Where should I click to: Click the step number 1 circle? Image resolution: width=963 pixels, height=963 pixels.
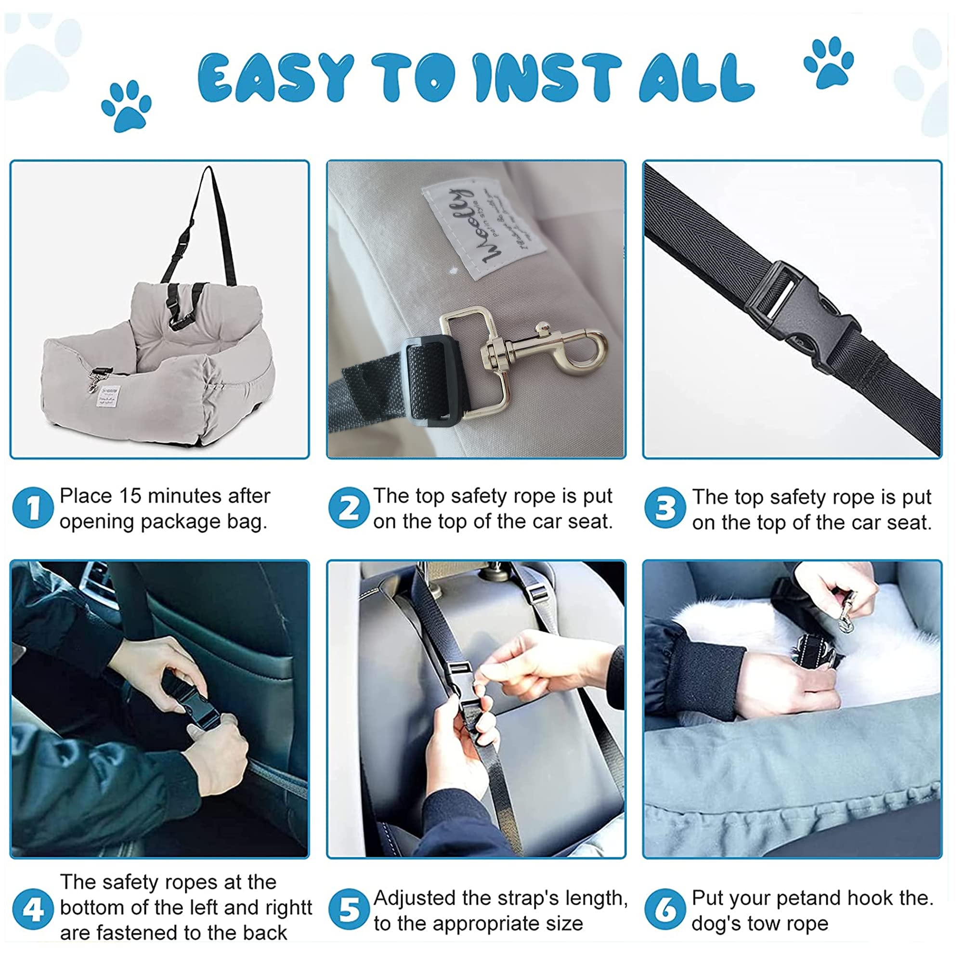[33, 508]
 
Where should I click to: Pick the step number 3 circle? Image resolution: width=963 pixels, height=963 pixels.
[664, 508]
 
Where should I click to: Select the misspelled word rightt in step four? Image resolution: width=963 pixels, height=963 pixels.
[288, 908]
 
